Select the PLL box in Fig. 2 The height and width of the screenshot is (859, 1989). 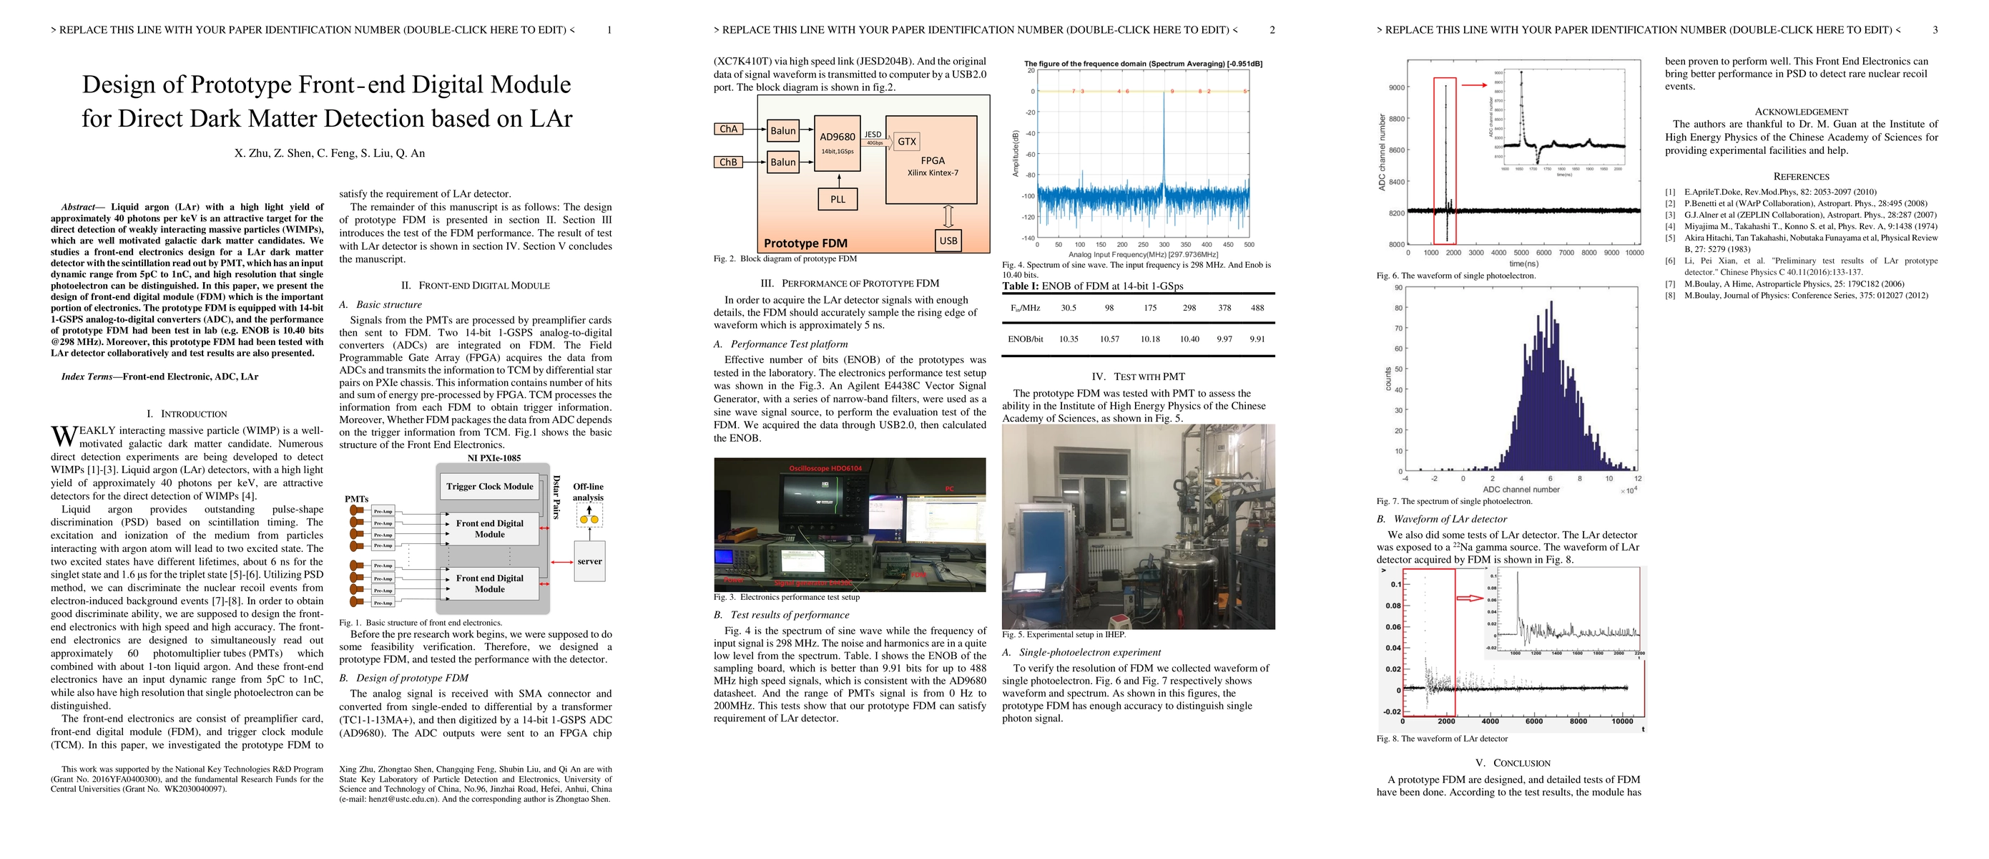pyautogui.click(x=838, y=199)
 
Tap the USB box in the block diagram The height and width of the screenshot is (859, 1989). pyautogui.click(x=948, y=241)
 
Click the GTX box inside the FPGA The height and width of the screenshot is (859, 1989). pyautogui.click(x=906, y=141)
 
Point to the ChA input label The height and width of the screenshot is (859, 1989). pyautogui.click(x=728, y=129)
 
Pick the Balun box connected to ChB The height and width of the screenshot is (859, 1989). pyautogui.click(x=782, y=162)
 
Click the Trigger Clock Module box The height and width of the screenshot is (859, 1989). pyautogui.click(x=489, y=487)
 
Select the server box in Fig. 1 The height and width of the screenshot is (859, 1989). pyautogui.click(x=589, y=562)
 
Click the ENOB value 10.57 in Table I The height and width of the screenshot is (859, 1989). pyautogui.click(x=1109, y=339)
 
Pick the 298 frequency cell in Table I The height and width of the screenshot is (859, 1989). pyautogui.click(x=1189, y=307)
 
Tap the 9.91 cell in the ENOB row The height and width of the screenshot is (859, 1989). pyautogui.click(x=1257, y=339)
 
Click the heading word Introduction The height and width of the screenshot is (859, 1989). pyautogui.click(x=194, y=414)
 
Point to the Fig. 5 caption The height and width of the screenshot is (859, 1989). pyautogui.click(x=1064, y=635)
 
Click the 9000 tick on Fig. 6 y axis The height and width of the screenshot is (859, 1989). pyautogui.click(x=1397, y=87)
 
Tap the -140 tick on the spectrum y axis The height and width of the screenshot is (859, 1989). pyautogui.click(x=1028, y=238)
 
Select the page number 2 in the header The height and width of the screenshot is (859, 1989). pyautogui.click(x=1272, y=30)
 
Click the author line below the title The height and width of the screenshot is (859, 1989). pyautogui.click(x=330, y=153)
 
